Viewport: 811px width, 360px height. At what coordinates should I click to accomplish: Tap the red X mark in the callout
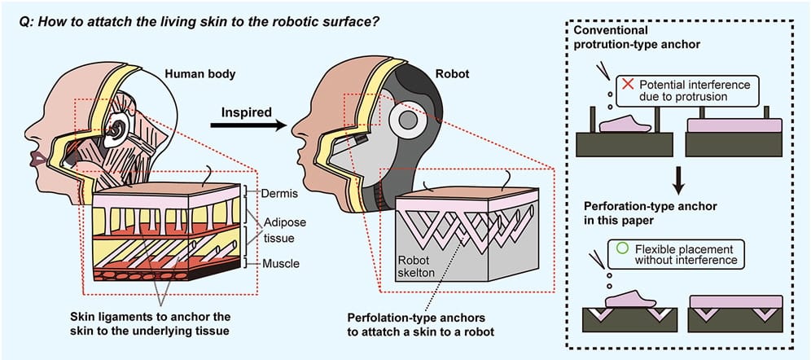627,84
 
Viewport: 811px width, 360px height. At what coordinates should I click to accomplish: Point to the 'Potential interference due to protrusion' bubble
685,90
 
